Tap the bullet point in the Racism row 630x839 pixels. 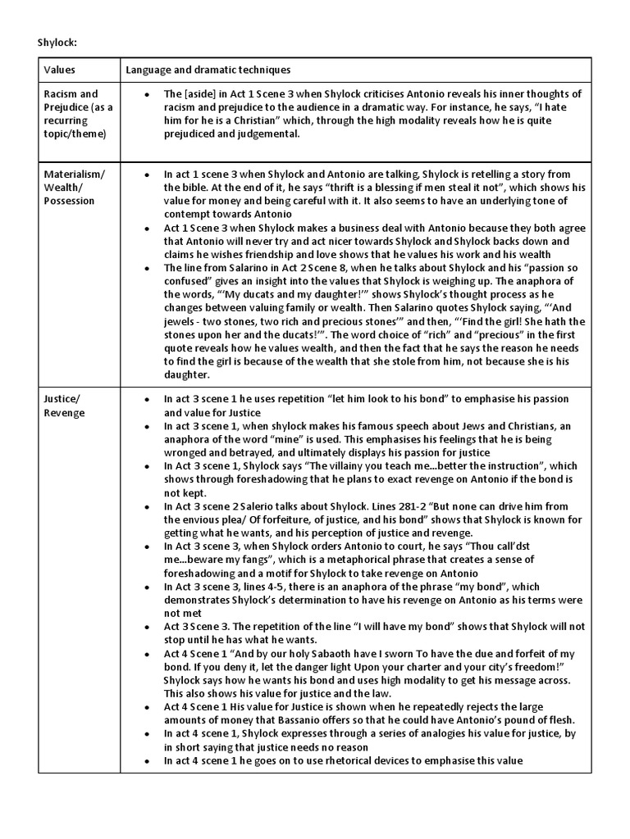146,94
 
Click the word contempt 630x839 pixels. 190,214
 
